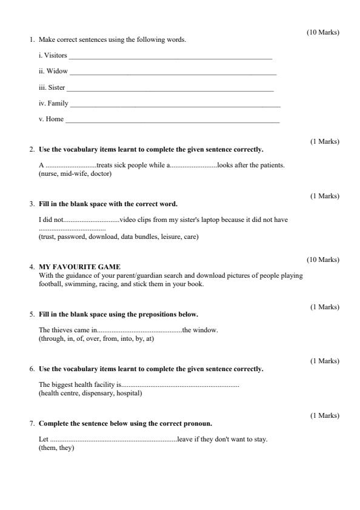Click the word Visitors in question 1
tap(55, 56)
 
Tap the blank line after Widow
tap(173, 72)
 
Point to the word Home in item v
tap(55, 119)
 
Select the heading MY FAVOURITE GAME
tap(79, 267)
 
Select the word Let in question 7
tap(43, 439)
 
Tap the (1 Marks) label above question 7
tap(325, 416)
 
